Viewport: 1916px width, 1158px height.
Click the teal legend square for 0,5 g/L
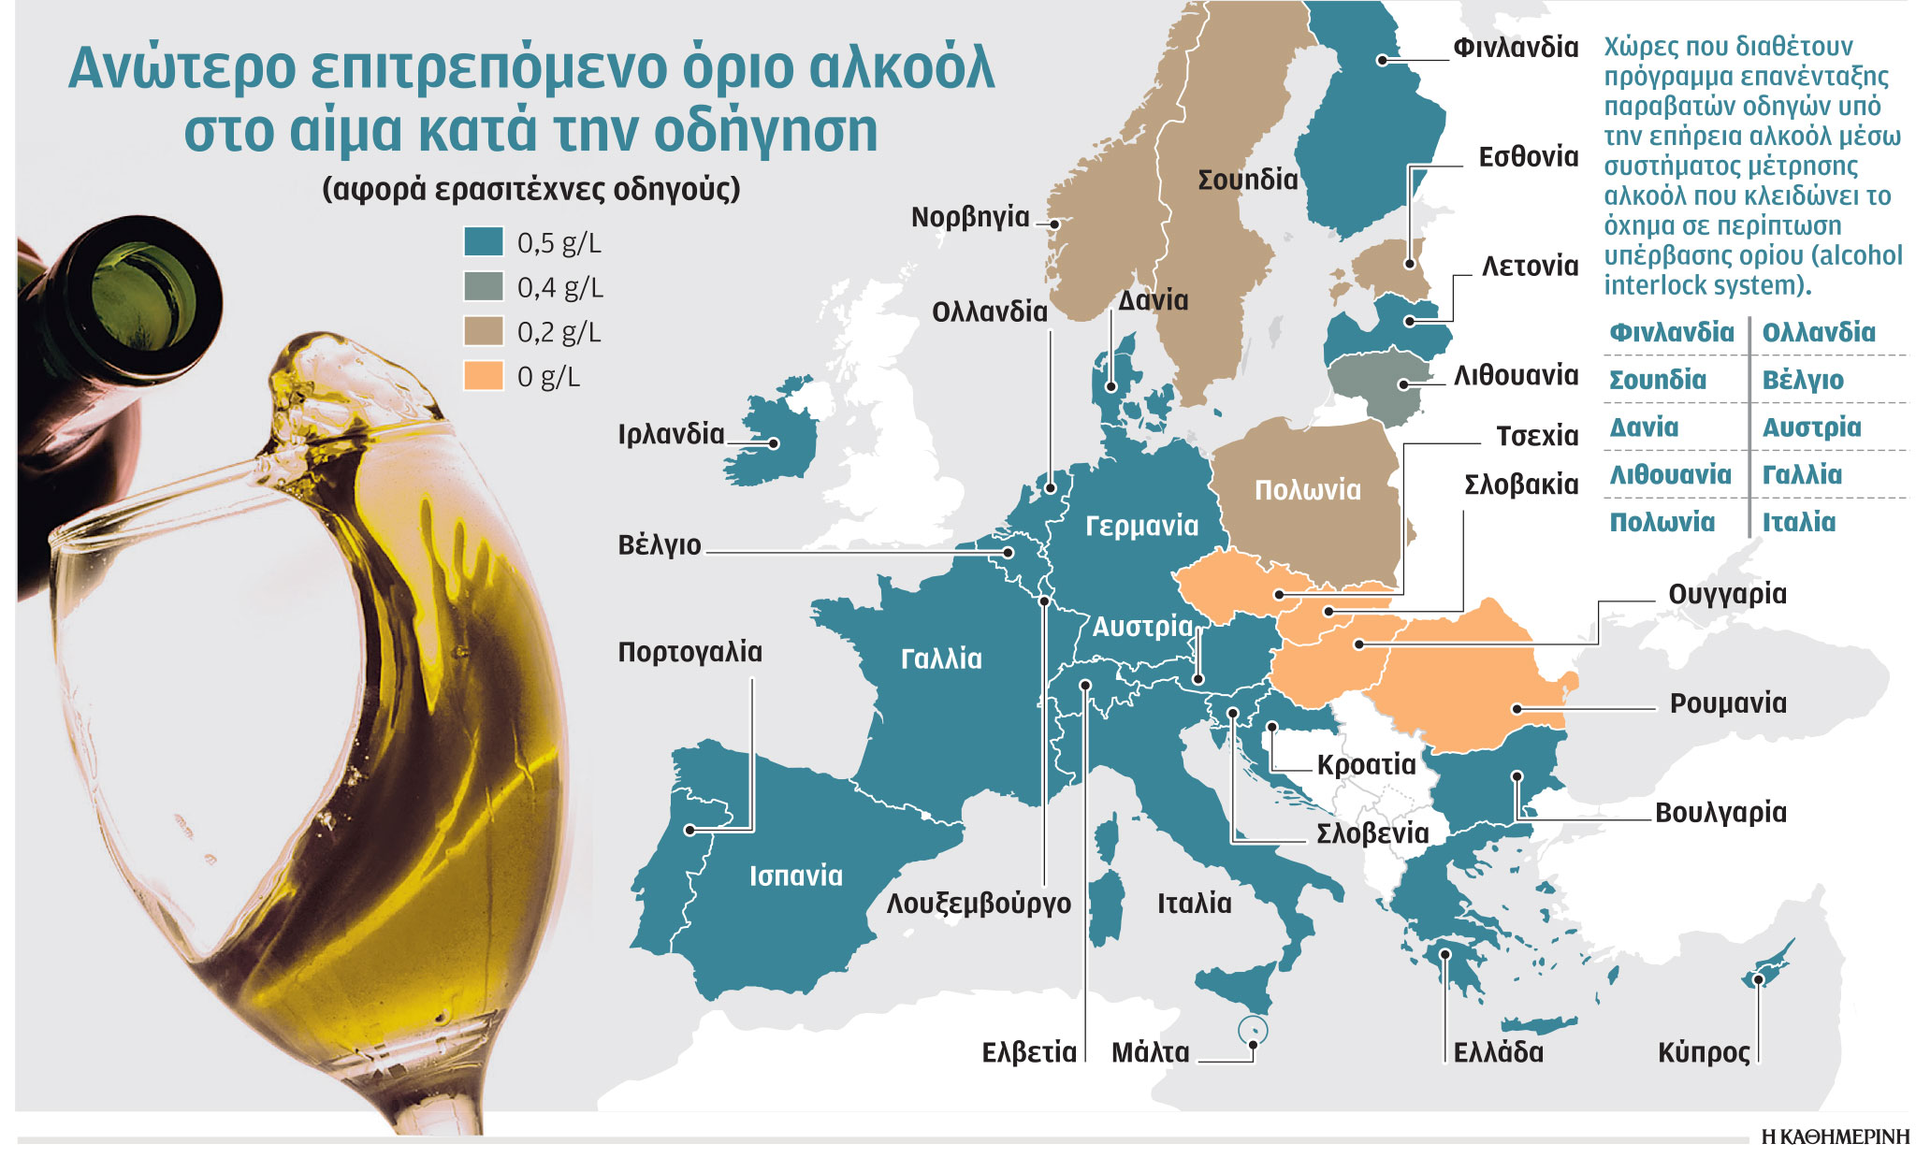point(484,241)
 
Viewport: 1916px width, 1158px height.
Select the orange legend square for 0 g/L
point(484,375)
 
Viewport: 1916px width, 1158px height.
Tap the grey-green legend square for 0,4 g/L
point(484,286)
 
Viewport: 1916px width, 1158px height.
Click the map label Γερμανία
point(1141,526)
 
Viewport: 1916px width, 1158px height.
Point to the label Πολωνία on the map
point(1307,490)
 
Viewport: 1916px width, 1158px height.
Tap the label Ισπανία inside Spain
point(795,876)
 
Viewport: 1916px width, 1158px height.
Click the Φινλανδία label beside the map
point(1515,47)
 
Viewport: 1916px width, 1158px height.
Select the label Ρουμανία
point(1727,702)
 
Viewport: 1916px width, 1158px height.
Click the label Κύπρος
point(1703,1052)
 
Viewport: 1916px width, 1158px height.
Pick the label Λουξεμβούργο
point(979,904)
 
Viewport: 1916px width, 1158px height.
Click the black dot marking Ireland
point(775,443)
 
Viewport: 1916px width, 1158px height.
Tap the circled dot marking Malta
point(1253,1032)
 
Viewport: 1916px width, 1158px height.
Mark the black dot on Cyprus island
point(1758,979)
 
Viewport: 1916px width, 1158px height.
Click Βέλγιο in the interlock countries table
point(1802,381)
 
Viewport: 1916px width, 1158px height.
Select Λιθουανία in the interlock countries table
point(1670,475)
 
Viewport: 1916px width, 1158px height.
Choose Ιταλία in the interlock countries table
point(1798,522)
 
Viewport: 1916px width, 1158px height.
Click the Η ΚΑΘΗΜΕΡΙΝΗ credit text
point(1835,1136)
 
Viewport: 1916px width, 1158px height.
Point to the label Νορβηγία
point(969,217)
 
